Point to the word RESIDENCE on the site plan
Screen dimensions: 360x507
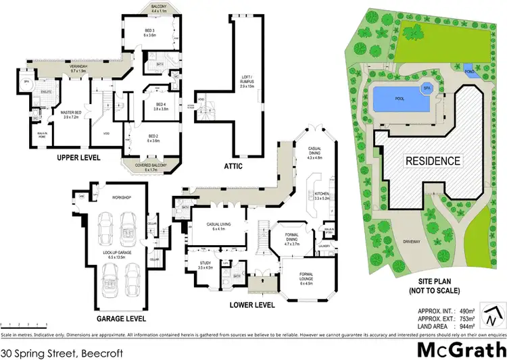(x=433, y=161)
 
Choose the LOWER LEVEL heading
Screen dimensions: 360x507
(x=251, y=305)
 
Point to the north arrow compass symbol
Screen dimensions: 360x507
(x=491, y=311)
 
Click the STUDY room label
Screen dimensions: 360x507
(x=206, y=264)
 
